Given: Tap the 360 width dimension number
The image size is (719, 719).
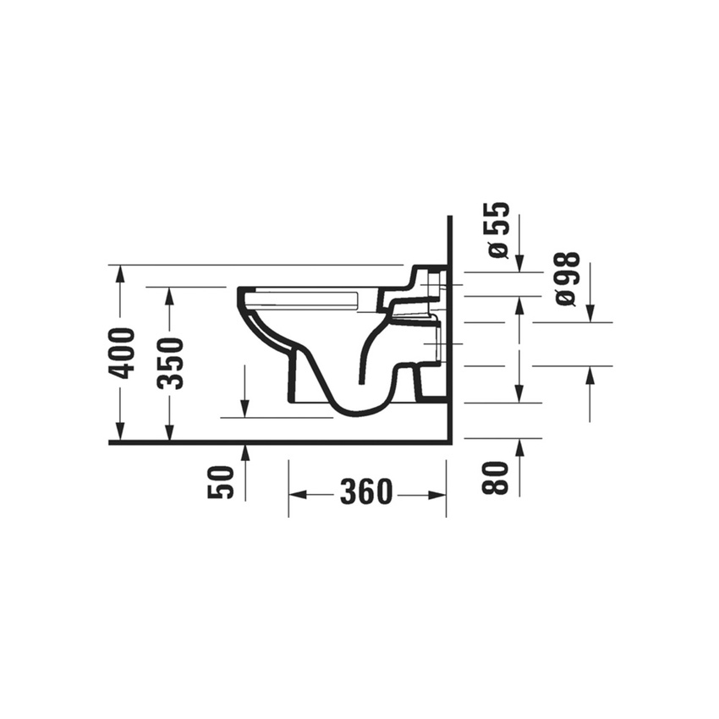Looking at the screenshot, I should pos(366,491).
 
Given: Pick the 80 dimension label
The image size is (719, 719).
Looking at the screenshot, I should pos(497,477).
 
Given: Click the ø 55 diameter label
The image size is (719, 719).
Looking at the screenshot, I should pos(497,229).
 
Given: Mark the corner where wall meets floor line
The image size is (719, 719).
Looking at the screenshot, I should pos(450,442).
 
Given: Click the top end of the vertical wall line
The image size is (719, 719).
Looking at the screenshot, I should pos(450,217).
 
